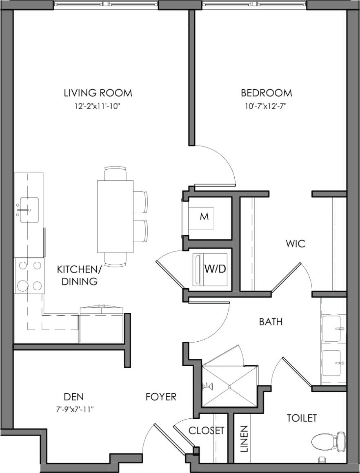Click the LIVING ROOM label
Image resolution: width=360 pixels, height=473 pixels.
98,93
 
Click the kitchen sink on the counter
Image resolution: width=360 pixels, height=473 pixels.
29,210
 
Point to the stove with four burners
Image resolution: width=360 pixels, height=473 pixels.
29,275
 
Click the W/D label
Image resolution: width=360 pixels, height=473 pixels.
215,269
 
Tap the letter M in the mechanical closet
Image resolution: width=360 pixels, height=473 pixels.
204,217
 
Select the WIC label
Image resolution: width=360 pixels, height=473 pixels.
296,244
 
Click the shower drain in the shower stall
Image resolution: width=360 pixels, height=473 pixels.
230,386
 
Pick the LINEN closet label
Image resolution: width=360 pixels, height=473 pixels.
244,440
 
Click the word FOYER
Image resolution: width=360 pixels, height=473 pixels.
161,397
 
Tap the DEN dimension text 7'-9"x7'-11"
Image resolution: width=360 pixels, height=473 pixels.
74,409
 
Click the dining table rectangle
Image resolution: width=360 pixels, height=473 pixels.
115,217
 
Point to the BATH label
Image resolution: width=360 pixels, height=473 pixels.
271,322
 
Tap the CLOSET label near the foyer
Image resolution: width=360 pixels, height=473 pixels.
206,431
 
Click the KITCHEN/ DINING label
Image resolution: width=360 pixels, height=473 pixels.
77,275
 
